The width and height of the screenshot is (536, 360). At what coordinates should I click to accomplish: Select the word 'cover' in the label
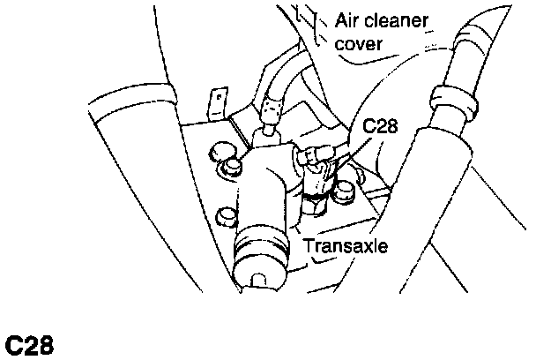point(359,42)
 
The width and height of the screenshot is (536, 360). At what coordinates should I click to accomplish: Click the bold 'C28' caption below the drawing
point(30,343)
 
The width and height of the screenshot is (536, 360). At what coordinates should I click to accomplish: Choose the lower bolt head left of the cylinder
point(227,214)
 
